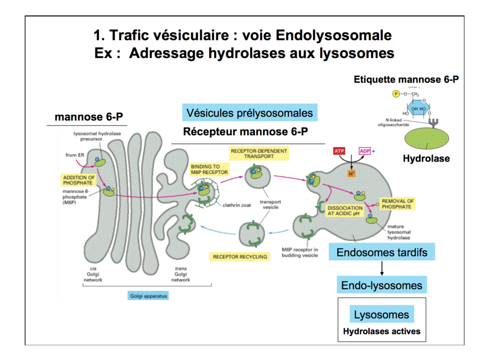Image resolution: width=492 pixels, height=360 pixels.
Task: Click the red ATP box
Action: tap(339, 151)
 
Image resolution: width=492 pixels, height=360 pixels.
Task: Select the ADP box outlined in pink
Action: tap(365, 151)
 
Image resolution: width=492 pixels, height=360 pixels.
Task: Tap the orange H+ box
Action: tap(351, 174)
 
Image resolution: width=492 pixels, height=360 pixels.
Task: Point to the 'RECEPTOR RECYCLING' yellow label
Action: tap(240, 257)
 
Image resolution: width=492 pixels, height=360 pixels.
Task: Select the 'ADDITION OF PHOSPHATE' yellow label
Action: tap(78, 180)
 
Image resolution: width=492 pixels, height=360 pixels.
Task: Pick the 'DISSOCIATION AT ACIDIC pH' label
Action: tap(345, 211)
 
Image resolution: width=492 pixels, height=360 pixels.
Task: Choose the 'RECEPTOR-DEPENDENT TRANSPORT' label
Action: tap(259, 153)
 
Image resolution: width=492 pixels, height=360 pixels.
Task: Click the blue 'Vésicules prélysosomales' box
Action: tap(249, 113)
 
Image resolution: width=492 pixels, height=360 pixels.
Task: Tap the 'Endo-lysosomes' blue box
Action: tap(381, 285)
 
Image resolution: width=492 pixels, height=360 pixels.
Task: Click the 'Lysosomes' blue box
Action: tap(381, 314)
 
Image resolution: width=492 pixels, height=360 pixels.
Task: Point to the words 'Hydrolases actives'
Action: tap(381, 331)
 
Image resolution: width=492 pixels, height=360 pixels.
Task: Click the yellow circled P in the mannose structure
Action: tap(395, 94)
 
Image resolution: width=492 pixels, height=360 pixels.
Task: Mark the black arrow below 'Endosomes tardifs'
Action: tap(381, 268)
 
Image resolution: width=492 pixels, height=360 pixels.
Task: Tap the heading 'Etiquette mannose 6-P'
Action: tap(406, 80)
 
